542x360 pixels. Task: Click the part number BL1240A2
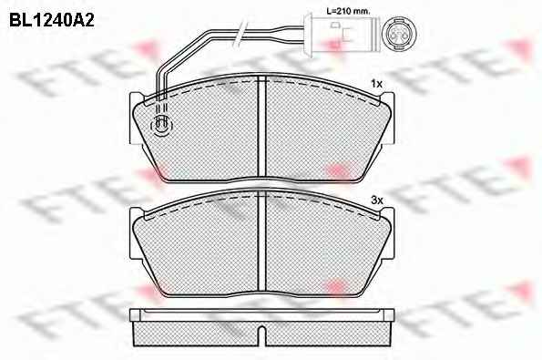52,21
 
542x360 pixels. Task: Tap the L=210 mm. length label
348,11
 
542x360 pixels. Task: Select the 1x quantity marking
376,84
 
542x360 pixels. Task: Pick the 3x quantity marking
376,201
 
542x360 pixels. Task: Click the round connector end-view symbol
399,35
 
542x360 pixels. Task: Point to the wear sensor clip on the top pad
161,125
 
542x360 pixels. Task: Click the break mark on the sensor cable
240,34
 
